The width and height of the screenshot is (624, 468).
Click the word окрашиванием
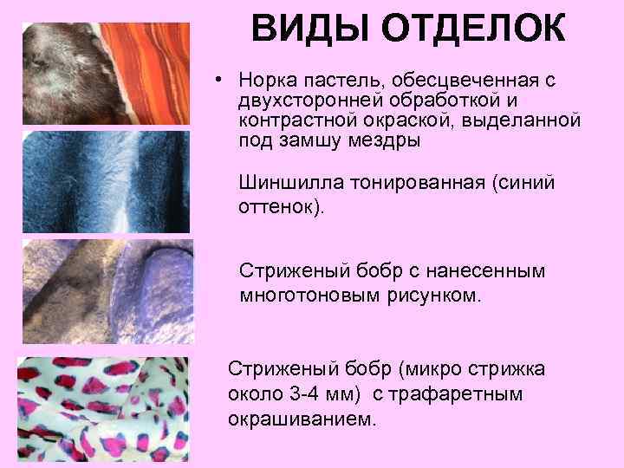(x=302, y=418)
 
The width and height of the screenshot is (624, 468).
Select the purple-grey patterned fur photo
(x=104, y=291)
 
